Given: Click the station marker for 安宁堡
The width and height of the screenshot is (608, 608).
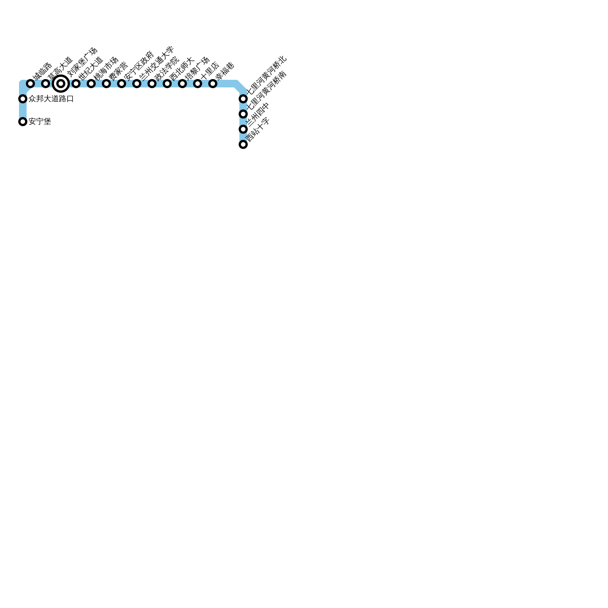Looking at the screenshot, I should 23,122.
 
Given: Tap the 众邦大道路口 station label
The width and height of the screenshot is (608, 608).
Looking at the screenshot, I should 51,99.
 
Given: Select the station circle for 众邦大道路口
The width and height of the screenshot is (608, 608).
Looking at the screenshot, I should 23,99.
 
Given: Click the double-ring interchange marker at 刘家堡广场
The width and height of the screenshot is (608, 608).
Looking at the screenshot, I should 61,84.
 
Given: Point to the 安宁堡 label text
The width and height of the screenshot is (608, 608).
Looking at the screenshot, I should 40,122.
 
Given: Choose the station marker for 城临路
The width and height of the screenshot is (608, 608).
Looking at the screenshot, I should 30,84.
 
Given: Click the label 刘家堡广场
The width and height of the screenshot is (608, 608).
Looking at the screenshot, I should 82,62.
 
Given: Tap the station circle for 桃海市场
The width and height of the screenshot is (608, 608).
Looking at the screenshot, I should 91,84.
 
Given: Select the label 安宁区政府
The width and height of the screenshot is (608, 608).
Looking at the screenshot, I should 139,65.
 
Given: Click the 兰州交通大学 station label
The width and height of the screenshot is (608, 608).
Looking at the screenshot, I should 156,63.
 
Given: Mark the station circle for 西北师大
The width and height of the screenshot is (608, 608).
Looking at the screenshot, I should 167,84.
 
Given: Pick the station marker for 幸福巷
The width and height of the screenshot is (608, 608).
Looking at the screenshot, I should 213,84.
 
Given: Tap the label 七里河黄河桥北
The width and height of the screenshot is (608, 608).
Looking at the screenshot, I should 266,76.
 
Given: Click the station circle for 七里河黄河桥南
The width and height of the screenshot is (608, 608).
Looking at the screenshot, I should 243,114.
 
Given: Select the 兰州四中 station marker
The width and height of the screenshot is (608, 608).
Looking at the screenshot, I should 243,129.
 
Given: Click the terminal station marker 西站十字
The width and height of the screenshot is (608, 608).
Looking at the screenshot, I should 243,144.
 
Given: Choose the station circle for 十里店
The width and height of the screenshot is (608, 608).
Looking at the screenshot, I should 198,84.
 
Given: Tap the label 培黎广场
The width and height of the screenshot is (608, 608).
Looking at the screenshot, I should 197,68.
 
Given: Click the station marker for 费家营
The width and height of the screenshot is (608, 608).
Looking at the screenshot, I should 106,84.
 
